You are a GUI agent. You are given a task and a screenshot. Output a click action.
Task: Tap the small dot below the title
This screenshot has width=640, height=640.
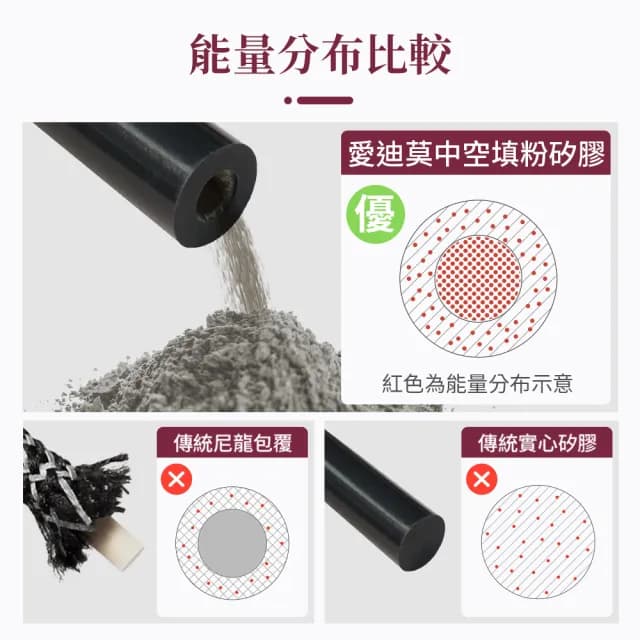tap(288, 100)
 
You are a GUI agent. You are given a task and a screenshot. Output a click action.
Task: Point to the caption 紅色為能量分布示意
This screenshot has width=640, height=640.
tap(477, 384)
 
